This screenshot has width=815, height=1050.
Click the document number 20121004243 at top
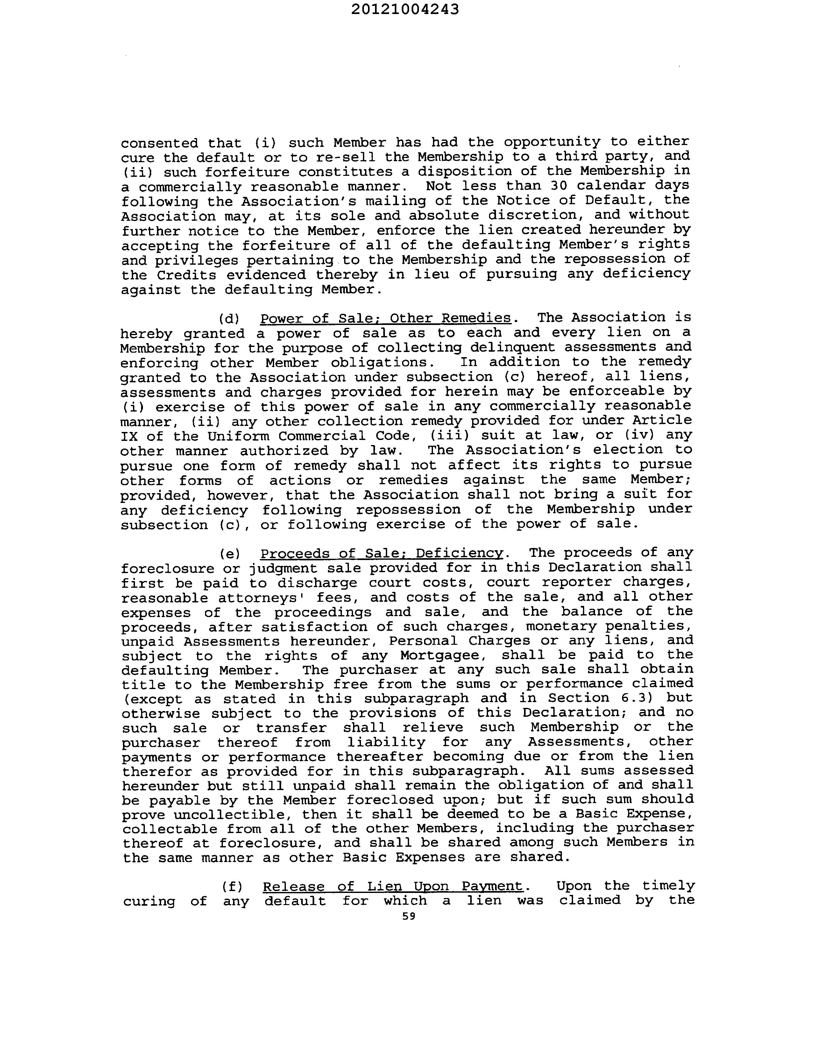coord(405,10)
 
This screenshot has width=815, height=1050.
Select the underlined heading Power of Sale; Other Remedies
coord(386,318)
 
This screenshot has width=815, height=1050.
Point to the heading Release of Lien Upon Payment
coord(393,886)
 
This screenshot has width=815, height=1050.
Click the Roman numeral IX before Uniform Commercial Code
coord(129,436)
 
